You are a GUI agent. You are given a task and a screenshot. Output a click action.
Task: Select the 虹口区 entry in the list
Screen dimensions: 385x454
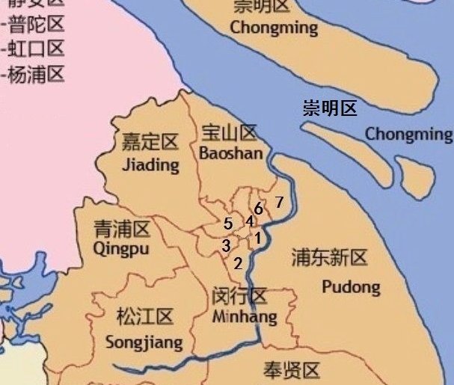point(37,49)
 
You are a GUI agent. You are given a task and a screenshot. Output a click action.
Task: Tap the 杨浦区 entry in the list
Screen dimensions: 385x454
point(37,74)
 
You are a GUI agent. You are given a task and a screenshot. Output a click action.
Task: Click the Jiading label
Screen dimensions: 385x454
point(150,164)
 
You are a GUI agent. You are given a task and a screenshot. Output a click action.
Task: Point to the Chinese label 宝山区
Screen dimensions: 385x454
point(230,135)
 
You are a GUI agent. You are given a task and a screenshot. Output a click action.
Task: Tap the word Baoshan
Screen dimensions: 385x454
point(231,153)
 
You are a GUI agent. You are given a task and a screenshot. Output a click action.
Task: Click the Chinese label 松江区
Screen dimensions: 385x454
point(145,317)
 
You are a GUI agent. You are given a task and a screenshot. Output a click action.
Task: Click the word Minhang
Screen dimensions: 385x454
point(244,317)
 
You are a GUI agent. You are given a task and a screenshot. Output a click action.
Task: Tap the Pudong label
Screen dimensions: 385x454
point(351,286)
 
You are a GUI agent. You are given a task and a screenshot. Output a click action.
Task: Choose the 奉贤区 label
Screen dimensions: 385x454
point(292,370)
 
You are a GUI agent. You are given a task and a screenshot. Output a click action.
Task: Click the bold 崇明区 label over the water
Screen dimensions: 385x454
point(330,108)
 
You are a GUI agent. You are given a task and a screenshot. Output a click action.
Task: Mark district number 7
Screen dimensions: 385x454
point(279,202)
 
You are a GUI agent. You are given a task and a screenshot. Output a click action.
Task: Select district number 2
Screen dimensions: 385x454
point(238,263)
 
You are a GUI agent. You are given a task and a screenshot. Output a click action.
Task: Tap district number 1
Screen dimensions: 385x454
point(257,239)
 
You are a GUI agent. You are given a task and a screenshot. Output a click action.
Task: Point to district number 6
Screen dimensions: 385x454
point(258,208)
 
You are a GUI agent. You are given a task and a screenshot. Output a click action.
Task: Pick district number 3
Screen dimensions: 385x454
point(225,245)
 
